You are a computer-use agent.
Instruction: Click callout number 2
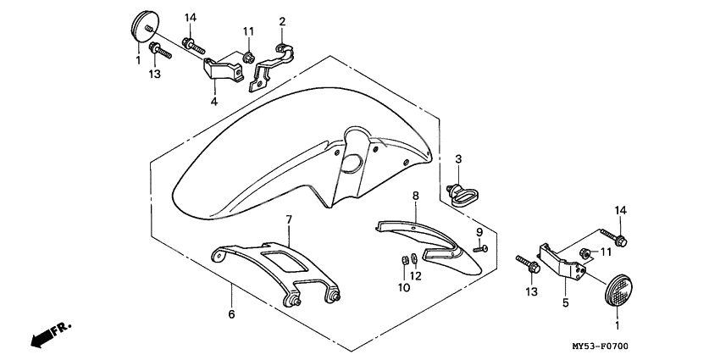pyautogui.click(x=282, y=21)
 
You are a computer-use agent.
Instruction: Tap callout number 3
pyautogui.click(x=458, y=159)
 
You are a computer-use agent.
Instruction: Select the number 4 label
pyautogui.click(x=213, y=102)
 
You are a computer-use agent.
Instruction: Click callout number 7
pyautogui.click(x=288, y=220)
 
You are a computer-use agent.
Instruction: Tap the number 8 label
pyautogui.click(x=416, y=196)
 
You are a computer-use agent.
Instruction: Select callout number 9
pyautogui.click(x=479, y=231)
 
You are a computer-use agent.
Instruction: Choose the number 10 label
pyautogui.click(x=403, y=288)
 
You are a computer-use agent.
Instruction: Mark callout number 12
pyautogui.click(x=416, y=275)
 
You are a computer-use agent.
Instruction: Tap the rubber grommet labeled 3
pyautogui.click(x=461, y=194)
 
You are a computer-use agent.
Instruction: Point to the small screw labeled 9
pyautogui.click(x=480, y=248)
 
